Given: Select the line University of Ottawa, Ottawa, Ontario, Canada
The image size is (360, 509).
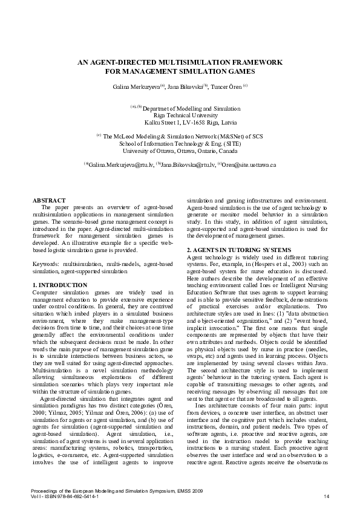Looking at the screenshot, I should (x=180, y=151).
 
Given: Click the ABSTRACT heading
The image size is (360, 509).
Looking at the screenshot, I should (x=49, y=199).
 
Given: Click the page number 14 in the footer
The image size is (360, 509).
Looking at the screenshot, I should (x=326, y=497).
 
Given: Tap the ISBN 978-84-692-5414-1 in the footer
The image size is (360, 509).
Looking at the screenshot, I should (x=73, y=497).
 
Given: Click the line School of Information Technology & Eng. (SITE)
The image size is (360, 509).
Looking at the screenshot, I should (x=180, y=143).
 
